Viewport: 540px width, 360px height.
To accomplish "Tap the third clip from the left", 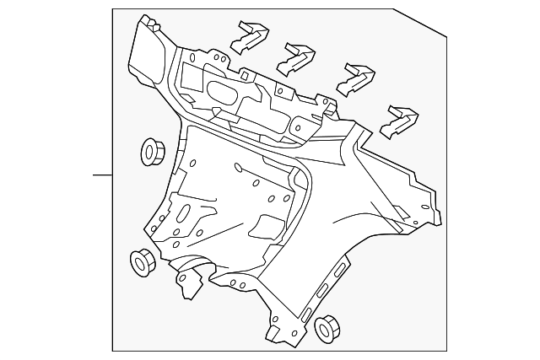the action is [356, 78].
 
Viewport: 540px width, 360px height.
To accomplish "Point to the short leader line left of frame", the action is [102, 175].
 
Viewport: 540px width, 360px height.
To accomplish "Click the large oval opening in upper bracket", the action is [221, 94].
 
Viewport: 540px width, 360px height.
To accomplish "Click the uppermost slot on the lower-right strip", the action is [341, 269].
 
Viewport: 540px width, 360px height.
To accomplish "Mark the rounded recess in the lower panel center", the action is [268, 225].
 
